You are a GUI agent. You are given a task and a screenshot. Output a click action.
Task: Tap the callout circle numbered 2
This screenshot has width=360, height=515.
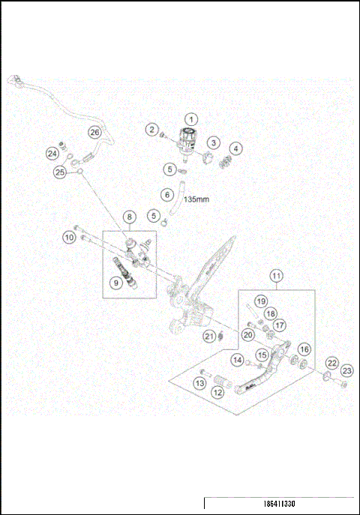(151, 130)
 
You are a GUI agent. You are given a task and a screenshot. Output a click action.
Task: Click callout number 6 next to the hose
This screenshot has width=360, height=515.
(166, 194)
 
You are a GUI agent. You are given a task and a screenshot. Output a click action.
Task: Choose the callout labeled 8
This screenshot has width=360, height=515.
(130, 217)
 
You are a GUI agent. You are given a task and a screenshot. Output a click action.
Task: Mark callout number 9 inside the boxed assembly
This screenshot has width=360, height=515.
(115, 283)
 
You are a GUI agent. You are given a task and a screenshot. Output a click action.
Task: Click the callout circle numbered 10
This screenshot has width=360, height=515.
(68, 238)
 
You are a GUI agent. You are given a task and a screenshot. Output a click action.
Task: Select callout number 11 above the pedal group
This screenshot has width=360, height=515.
(277, 277)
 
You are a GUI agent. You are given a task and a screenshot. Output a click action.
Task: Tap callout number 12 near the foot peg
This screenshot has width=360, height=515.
(217, 391)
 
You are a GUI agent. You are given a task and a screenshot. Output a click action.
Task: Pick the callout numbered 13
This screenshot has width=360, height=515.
(199, 383)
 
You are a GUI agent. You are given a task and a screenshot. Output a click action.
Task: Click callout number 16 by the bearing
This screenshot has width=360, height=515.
(304, 349)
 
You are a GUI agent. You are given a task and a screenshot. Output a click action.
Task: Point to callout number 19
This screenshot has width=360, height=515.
(260, 301)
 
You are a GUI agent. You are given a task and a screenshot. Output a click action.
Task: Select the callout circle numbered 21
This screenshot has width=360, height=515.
(210, 336)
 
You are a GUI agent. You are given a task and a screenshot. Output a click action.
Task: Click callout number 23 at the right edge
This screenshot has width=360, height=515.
(346, 370)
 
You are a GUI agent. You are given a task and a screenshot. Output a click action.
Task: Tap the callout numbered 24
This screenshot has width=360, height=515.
(52, 153)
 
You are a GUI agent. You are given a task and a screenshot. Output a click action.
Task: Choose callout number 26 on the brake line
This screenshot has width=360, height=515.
(94, 132)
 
